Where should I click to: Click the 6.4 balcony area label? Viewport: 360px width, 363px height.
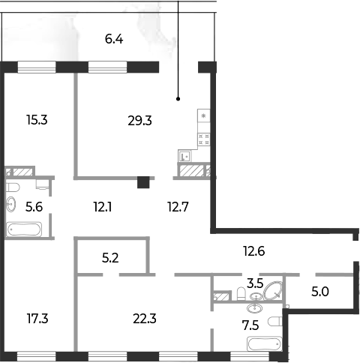pos(114,39)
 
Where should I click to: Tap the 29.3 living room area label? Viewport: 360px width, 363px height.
pos(139,121)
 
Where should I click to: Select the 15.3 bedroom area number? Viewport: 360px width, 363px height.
pos(37,120)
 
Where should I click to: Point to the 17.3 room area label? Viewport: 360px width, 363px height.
pos(37,319)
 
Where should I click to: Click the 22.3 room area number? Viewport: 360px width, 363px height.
pos(145,319)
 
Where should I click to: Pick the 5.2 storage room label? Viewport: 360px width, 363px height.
pos(110,258)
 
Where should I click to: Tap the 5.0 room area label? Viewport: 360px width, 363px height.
pos(320,292)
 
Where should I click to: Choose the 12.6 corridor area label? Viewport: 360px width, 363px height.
pos(254,251)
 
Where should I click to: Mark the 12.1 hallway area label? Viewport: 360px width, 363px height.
pos(103,207)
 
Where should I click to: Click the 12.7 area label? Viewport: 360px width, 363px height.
pos(178,207)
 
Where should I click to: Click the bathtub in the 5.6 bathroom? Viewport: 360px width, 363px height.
pos(24,229)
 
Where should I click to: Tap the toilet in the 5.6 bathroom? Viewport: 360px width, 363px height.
pos(13,187)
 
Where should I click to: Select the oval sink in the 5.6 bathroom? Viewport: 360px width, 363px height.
pos(11,204)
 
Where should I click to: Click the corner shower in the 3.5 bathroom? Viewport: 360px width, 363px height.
pos(273,291)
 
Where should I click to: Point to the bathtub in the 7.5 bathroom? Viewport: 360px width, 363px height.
pos(265,344)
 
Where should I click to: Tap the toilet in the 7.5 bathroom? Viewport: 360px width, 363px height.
pos(275,322)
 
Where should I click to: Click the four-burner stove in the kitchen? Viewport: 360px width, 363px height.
pos(204,139)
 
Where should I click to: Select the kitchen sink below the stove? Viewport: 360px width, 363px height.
pos(184,156)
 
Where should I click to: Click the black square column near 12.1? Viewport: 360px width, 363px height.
pos(143,182)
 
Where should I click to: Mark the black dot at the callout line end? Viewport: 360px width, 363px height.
pos(178,99)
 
